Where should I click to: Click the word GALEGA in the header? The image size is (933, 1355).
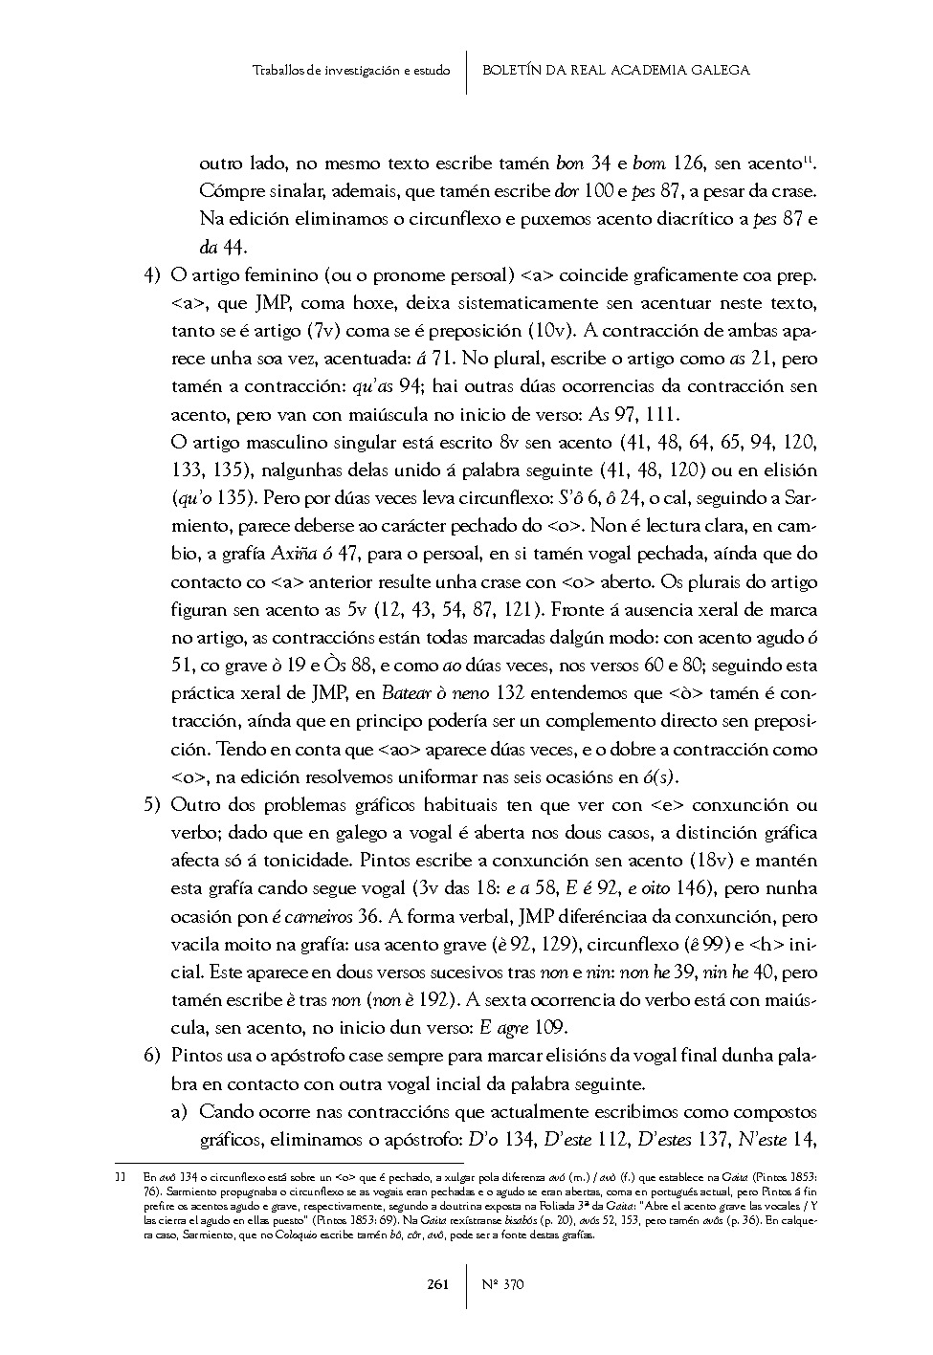(722, 70)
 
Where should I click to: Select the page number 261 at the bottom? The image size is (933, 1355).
(438, 1284)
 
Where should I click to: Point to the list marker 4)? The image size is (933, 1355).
(150, 276)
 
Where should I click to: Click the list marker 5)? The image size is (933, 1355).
(150, 805)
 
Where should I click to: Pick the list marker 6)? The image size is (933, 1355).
(150, 1056)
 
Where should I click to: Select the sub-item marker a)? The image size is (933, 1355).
(179, 1112)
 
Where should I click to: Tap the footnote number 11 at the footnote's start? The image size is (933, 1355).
(120, 1177)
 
